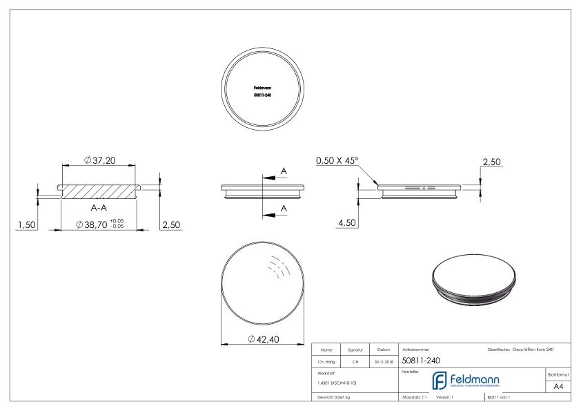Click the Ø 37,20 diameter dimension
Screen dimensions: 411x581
(x=100, y=160)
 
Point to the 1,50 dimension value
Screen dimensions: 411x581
(x=26, y=225)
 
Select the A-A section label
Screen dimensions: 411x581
(x=99, y=206)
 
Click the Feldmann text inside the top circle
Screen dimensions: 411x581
(x=262, y=88)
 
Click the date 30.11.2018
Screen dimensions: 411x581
(x=384, y=361)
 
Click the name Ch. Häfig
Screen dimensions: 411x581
(x=326, y=361)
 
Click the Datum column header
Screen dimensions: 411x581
(x=384, y=350)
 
